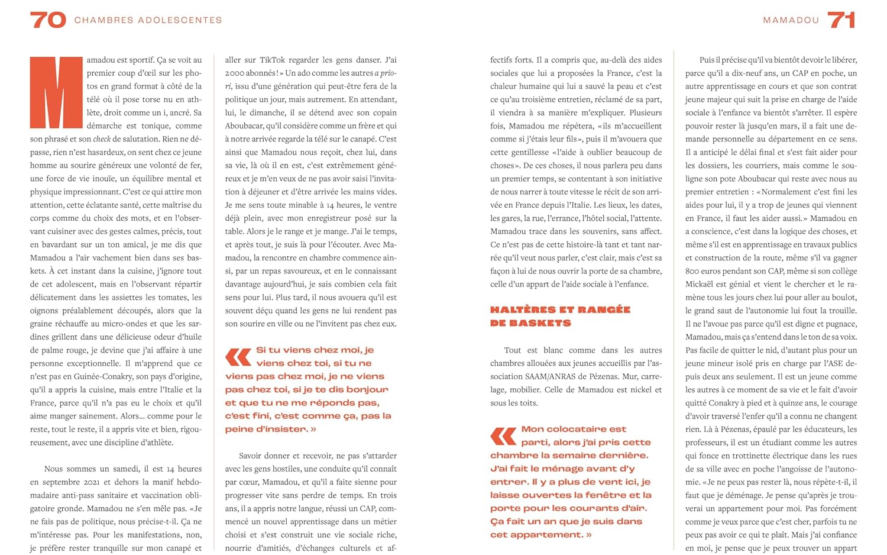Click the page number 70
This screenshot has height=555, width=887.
(x=48, y=20)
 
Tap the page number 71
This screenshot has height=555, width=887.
(x=841, y=20)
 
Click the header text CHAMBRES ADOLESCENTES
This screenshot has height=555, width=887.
(x=148, y=20)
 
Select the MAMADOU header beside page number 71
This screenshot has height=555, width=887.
(x=791, y=20)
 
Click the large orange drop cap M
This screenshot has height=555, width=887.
(x=57, y=92)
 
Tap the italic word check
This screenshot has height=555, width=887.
(x=102, y=139)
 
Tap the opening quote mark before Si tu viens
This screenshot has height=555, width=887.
(x=238, y=357)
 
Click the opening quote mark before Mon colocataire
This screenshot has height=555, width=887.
(x=503, y=436)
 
